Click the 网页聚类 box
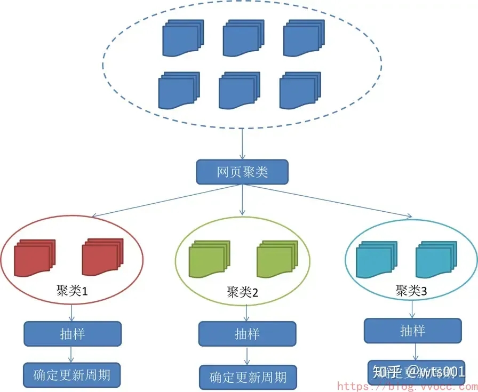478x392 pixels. [x=242, y=172]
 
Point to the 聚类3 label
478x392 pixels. [x=411, y=291]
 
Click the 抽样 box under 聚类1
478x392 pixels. [x=73, y=334]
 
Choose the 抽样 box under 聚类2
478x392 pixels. [x=247, y=334]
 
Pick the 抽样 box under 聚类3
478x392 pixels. [x=412, y=331]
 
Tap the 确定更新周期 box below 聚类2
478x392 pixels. [x=247, y=377]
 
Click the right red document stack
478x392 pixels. [x=102, y=258]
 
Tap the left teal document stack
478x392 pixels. [x=376, y=260]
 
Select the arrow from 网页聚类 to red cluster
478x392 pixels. [x=165, y=201]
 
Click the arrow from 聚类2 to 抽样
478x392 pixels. [x=246, y=312]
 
